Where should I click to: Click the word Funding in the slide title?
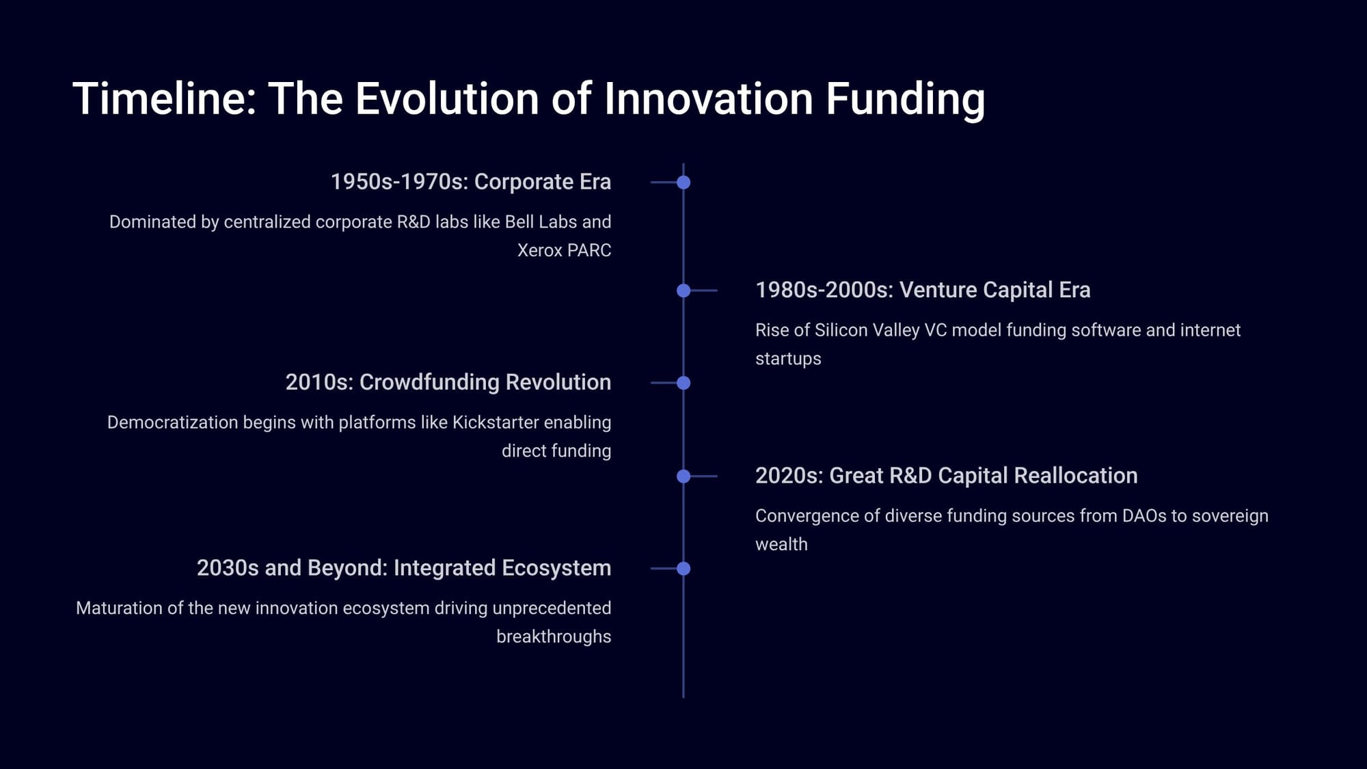click(x=905, y=100)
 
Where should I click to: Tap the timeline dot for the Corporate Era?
click(x=683, y=183)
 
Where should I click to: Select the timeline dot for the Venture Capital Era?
click(x=683, y=291)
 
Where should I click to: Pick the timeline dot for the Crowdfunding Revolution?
click(x=683, y=383)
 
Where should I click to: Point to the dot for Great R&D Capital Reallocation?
click(x=683, y=476)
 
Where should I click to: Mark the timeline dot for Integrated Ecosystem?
click(x=683, y=569)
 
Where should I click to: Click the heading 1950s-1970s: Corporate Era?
click(x=471, y=182)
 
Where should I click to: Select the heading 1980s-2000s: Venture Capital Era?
click(x=923, y=290)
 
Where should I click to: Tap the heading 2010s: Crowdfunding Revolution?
click(x=448, y=382)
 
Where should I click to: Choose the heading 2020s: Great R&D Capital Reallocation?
click(x=947, y=476)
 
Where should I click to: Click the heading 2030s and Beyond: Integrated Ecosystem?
click(x=404, y=568)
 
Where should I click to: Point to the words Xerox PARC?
click(x=565, y=250)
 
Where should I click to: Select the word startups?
click(x=788, y=359)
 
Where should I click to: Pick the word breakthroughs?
click(x=554, y=636)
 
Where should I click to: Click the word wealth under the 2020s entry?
click(x=781, y=544)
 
